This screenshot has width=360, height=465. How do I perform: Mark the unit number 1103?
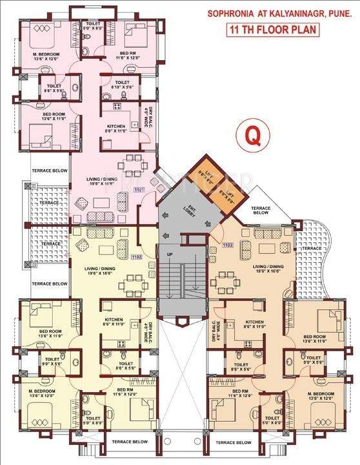pyautogui.click(x=226, y=245)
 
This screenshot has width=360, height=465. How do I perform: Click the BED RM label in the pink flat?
pyautogui.click(x=126, y=54)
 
